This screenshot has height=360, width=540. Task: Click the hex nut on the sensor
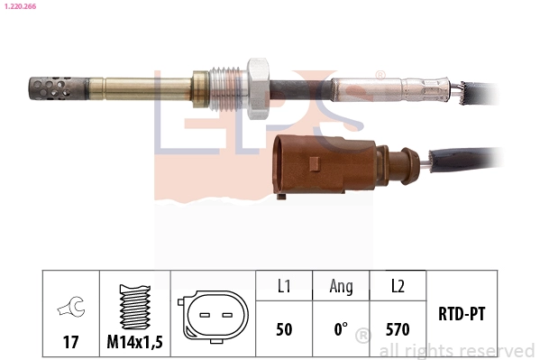258,88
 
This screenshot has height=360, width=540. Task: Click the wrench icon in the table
69,309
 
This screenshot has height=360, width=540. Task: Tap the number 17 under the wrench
69,343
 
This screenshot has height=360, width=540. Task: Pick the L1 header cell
284,287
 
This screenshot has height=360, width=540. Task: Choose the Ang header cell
341,287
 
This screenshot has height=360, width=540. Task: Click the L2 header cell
398,287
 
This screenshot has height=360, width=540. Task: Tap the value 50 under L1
284,329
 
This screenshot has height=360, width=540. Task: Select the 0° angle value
341,329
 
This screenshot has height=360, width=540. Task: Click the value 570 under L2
398,329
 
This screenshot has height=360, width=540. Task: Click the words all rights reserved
457,350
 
